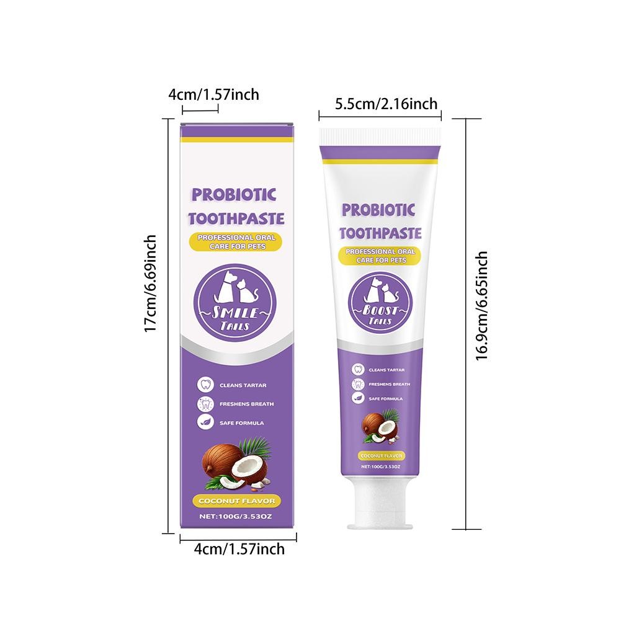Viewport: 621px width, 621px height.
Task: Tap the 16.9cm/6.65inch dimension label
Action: pos(483,305)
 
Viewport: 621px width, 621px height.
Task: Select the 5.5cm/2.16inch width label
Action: pos(386,104)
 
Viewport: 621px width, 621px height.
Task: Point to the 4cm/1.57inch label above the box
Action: pos(213,94)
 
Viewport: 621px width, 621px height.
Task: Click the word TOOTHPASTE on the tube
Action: pos(381,233)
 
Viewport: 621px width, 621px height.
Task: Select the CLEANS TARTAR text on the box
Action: pos(241,385)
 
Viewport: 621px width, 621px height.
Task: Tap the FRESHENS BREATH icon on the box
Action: pos(204,403)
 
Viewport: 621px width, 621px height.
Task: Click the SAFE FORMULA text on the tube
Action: pos(386,398)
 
